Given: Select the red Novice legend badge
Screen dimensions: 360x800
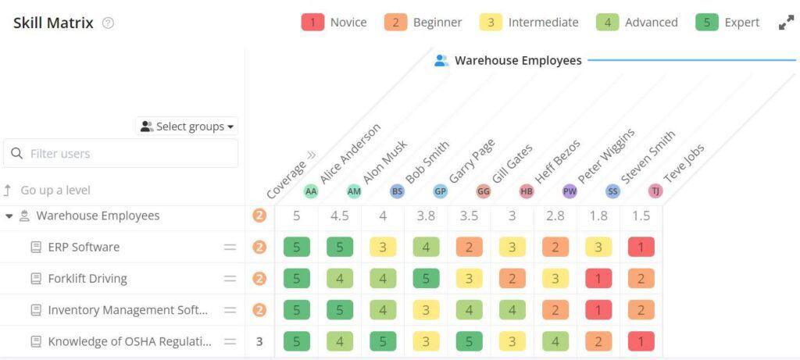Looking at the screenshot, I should pos(312,22).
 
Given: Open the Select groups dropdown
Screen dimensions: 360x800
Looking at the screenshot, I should pos(187,127).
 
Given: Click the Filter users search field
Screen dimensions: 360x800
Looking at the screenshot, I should pos(121,154).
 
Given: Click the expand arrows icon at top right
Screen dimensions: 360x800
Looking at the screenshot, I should pos(786,23).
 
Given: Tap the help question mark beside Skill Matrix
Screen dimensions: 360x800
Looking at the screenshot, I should pos(108,23).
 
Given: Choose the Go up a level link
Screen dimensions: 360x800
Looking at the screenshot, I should pos(55,190).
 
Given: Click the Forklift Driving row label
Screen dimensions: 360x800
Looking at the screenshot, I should pos(87,278).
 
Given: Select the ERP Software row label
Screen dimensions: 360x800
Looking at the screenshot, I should pos(84,247).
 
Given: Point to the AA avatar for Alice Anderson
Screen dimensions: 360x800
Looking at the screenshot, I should pos(311,191).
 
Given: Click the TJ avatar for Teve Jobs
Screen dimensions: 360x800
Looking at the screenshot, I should pos(655,191).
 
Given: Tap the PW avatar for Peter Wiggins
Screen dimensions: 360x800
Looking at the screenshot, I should pos(569,191).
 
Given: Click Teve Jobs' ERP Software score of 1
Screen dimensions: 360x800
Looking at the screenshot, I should pos(641,248).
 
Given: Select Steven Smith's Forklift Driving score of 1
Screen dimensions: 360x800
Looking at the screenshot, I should pos(598,279).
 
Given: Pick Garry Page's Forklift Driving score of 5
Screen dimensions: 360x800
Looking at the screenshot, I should pos(426,279).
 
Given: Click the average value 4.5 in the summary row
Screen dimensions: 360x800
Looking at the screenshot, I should pos(340,216).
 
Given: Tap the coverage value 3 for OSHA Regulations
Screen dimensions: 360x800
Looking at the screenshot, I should pos(259,341).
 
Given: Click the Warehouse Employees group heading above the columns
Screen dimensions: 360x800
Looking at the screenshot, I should pos(517,60).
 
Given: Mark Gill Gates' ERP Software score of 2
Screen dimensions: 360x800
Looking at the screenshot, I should pos(469,248).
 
